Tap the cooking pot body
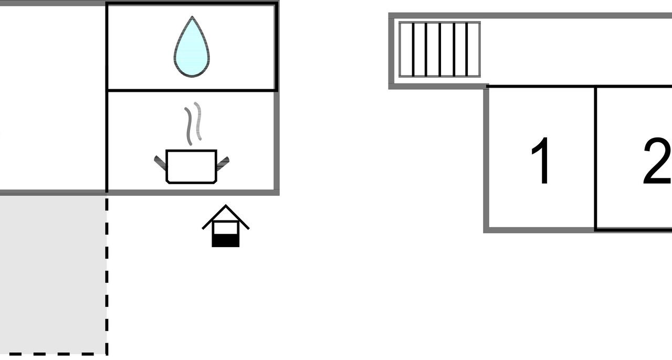192,166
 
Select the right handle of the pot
223,164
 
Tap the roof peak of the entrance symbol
226,205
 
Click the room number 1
541,161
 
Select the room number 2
657,161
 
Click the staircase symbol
439,49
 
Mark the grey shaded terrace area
53,274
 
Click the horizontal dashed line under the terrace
54,354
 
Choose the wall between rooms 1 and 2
596,158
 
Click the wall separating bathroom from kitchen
192,90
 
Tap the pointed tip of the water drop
192,16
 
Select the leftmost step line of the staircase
413,49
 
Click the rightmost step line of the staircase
467,49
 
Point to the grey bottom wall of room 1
539,230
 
